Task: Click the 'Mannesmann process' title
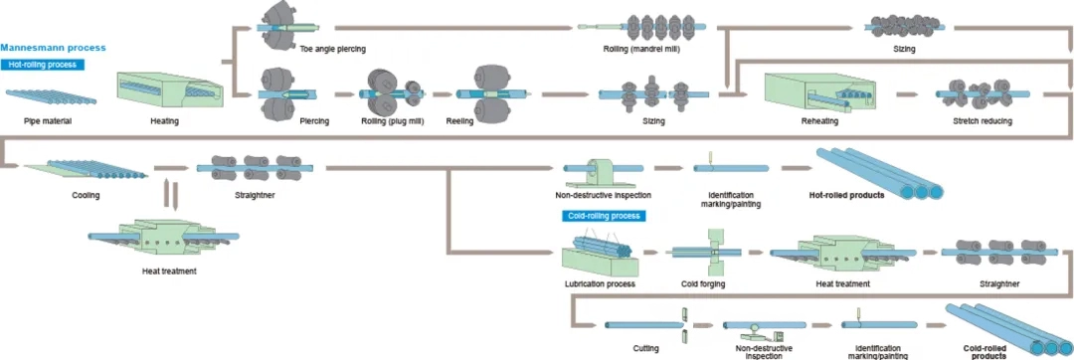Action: point(53,47)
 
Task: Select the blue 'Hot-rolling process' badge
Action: point(44,64)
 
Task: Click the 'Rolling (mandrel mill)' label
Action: point(641,49)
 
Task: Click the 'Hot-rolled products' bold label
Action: point(846,195)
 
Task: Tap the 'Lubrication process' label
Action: point(600,284)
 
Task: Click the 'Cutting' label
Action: point(645,347)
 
